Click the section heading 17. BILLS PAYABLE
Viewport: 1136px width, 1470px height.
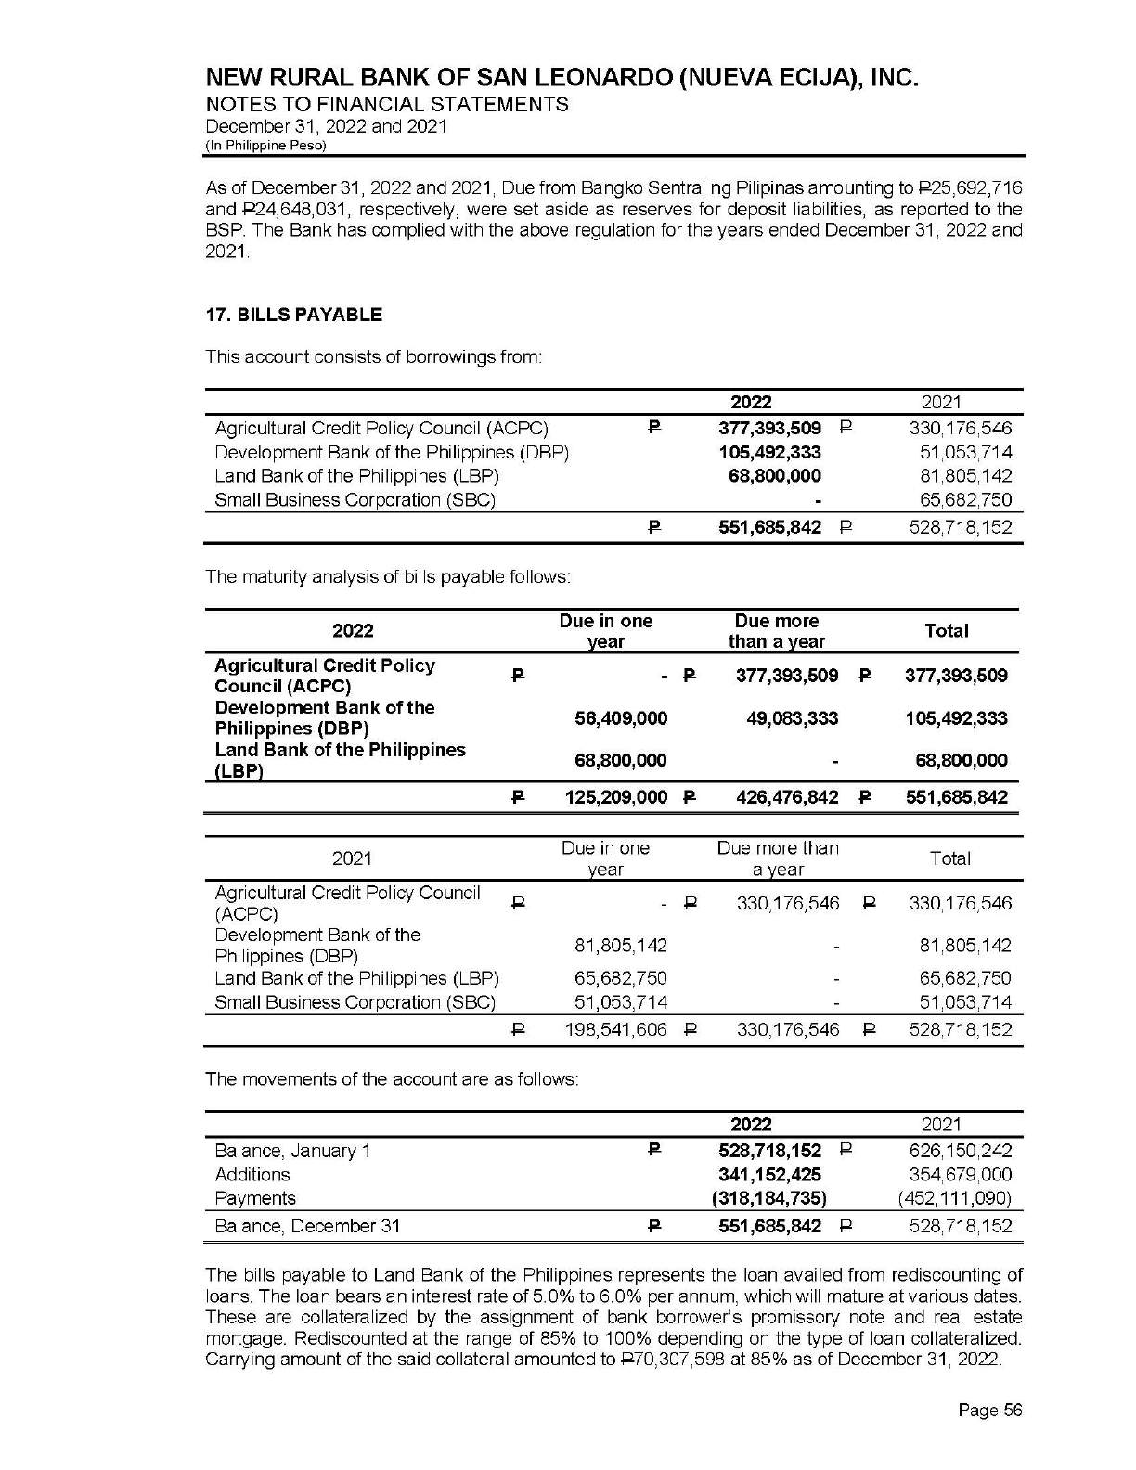(x=293, y=315)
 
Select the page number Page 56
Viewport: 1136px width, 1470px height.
(x=990, y=1411)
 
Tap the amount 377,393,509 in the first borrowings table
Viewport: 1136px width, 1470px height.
(x=770, y=429)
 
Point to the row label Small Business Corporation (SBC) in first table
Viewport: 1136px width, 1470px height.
(x=355, y=500)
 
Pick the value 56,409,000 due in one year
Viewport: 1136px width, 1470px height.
(x=621, y=718)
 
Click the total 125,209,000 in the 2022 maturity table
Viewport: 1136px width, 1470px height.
(x=616, y=797)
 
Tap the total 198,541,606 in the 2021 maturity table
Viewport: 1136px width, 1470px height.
(x=616, y=1029)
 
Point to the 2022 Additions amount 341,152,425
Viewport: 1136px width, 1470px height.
(x=770, y=1175)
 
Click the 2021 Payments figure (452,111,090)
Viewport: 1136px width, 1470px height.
(x=956, y=1198)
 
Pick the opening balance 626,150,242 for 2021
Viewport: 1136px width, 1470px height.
(x=961, y=1151)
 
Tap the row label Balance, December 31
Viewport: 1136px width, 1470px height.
(x=307, y=1226)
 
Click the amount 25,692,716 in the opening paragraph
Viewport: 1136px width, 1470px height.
(x=975, y=189)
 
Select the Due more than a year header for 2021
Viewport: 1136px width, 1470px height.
(x=777, y=858)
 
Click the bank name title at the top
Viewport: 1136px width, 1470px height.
(x=562, y=77)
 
